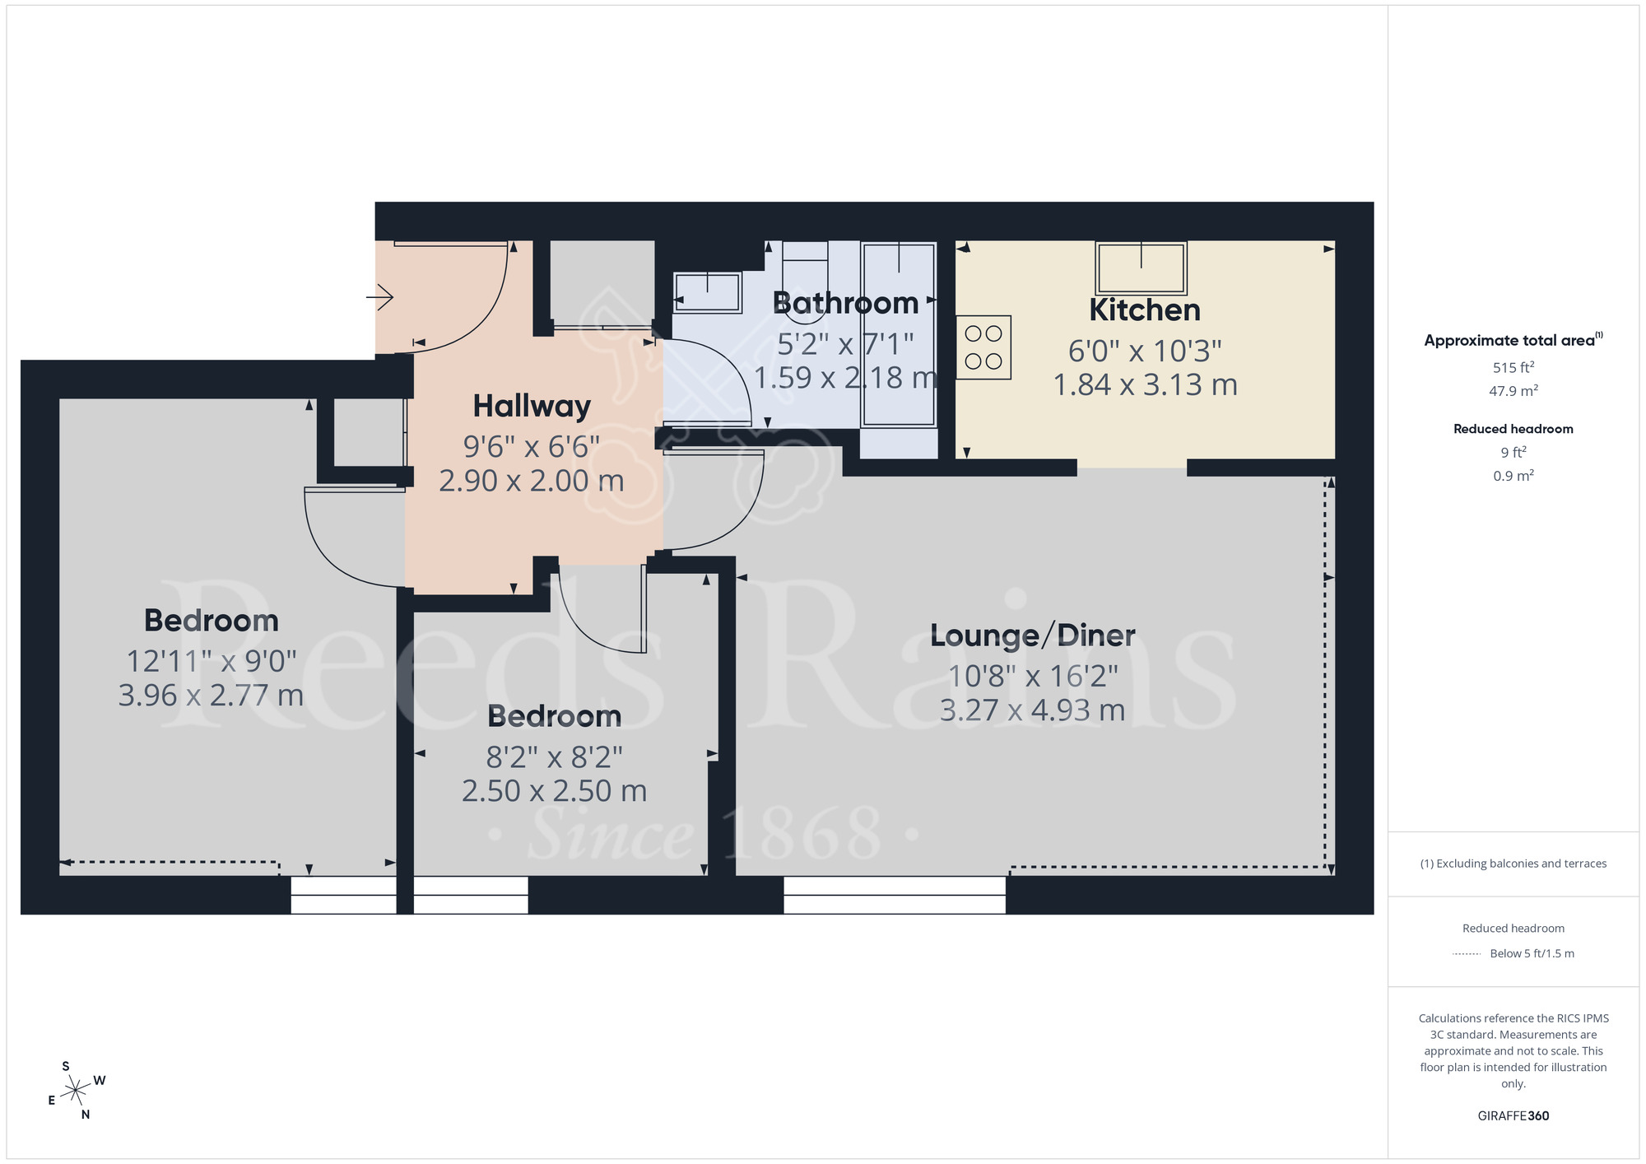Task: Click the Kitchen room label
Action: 1144,310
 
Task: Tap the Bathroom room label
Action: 845,304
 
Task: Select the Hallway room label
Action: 532,406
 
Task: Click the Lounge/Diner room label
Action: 1032,636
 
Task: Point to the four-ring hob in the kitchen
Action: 983,347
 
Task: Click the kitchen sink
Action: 1141,268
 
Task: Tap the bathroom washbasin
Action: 708,292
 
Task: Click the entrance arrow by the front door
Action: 380,296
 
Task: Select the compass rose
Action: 76,1091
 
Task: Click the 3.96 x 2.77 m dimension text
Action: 211,696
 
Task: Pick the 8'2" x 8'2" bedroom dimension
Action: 554,757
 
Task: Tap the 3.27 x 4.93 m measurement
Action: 1032,710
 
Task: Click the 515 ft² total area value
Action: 1513,368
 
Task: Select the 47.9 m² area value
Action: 1513,391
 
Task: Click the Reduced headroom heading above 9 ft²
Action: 1513,429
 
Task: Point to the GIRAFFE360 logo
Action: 1513,1116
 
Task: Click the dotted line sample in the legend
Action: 1467,954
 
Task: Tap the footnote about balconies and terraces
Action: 1513,864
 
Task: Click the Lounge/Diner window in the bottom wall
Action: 894,895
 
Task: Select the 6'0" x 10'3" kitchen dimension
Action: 1144,352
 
